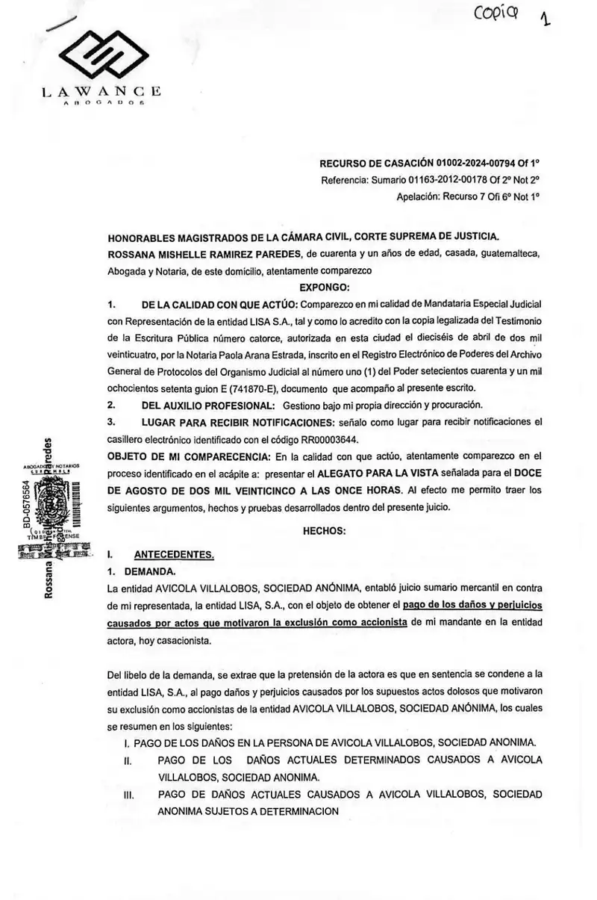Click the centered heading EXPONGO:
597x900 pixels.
pos(325,286)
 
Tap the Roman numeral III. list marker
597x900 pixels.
pos(127,795)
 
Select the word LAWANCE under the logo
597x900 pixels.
pos(101,92)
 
